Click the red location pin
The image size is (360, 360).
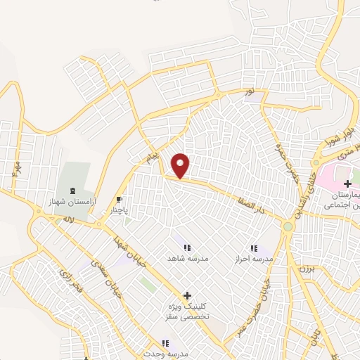[x=181, y=165]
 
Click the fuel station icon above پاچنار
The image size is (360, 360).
[x=120, y=199]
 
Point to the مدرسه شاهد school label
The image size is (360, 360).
[x=186, y=258]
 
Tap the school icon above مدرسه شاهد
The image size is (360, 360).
[x=186, y=247]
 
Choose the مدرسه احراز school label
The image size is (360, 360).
[x=254, y=259]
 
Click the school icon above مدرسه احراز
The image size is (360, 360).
[x=254, y=248]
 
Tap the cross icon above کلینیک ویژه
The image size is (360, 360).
[x=186, y=296]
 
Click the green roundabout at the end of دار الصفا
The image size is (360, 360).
[x=288, y=226]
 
